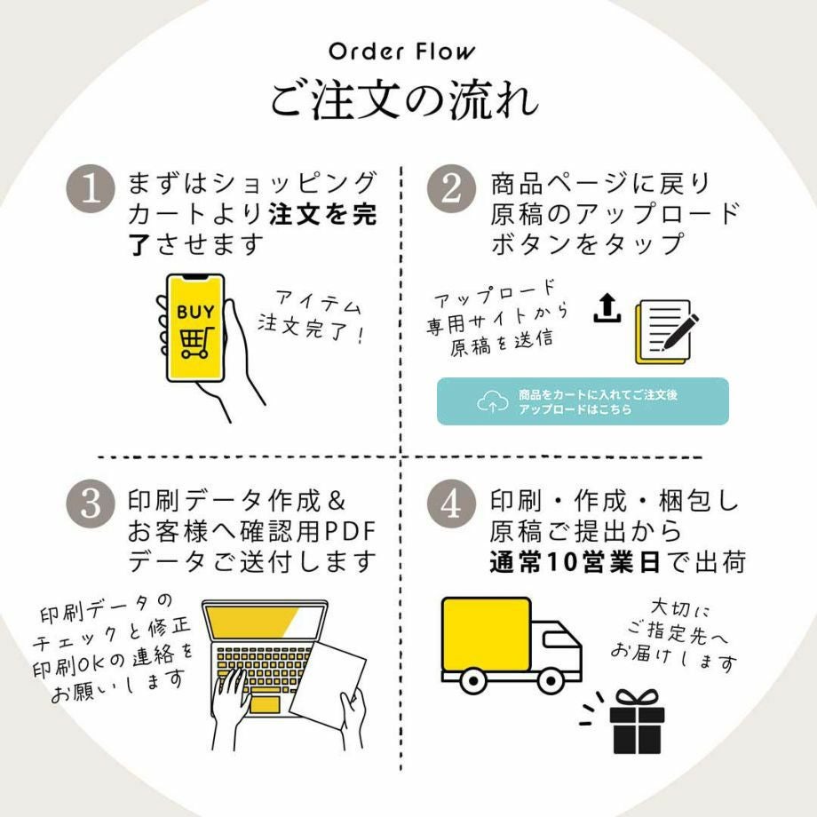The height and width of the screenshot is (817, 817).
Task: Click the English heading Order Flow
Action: click(401, 52)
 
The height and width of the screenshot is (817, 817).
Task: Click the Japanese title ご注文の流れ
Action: click(404, 100)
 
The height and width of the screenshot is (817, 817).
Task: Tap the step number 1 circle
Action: click(91, 190)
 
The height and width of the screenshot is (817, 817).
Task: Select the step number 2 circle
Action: click(452, 190)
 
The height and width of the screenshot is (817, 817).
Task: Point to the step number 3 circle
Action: click(91, 504)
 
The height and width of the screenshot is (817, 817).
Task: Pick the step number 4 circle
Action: click(452, 504)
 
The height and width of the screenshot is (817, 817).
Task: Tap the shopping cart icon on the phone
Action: click(194, 342)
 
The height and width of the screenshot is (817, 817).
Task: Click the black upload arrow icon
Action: click(607, 307)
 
